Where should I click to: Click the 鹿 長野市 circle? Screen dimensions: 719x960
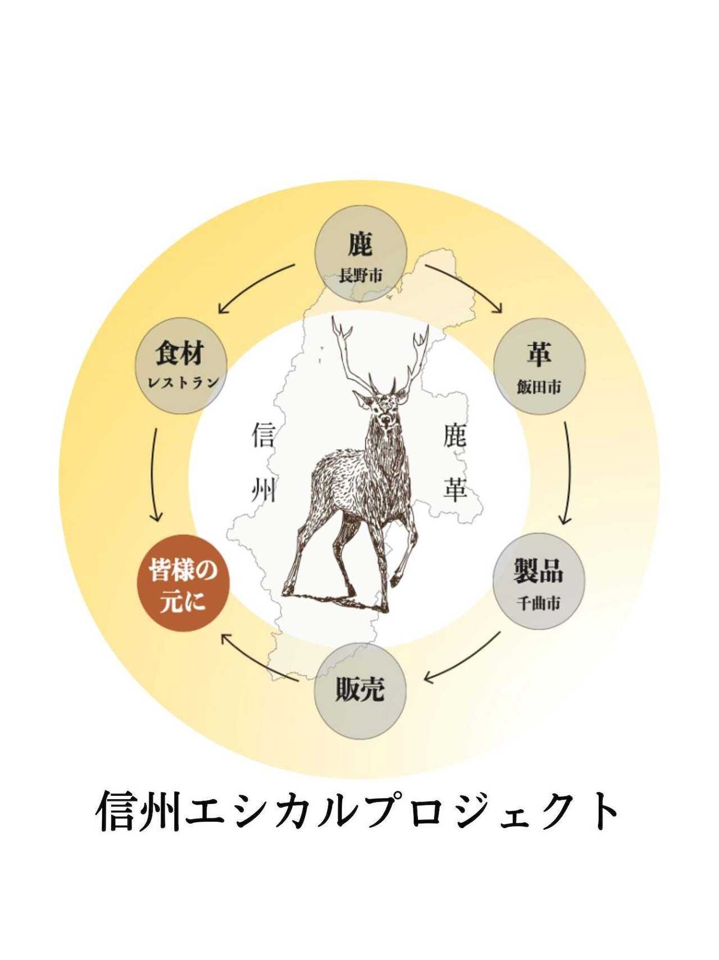click(360, 253)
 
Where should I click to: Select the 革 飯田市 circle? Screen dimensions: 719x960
click(539, 366)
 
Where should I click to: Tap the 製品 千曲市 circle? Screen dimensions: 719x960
click(539, 581)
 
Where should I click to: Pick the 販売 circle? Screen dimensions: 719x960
click(360, 691)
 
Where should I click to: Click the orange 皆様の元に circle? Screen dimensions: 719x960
click(183, 583)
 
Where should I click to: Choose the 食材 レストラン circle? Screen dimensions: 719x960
click(181, 366)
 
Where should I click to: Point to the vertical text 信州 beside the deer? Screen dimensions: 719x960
click(263, 463)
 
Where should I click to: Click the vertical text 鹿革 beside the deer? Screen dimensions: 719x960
click(454, 463)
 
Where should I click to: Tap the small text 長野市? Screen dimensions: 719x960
click(360, 276)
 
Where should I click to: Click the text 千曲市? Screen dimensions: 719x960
click(539, 603)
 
